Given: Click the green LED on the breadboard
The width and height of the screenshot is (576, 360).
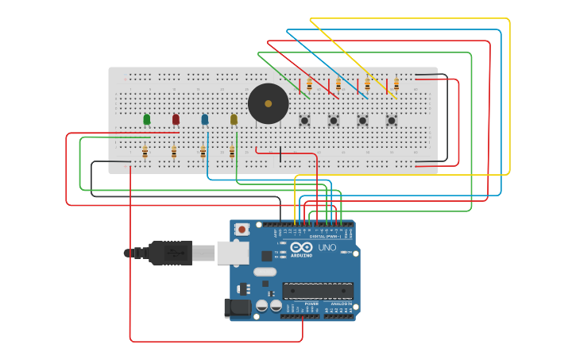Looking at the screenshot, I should point(147,119).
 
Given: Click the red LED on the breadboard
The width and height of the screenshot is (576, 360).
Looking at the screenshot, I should point(176,119).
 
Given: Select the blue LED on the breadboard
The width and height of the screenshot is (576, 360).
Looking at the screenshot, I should point(204,119).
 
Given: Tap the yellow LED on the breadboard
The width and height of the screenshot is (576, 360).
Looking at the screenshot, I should point(234,119).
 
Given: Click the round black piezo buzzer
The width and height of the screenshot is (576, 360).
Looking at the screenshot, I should point(268,103).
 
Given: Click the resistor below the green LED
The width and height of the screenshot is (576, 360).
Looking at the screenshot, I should point(145,150).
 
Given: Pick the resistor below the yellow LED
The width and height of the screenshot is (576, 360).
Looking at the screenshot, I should point(232,150).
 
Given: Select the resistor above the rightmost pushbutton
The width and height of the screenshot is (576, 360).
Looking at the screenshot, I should point(396,83).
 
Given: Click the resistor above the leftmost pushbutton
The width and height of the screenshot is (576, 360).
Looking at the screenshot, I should point(309,83).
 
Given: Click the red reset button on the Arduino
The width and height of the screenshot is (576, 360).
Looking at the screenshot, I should point(242,230).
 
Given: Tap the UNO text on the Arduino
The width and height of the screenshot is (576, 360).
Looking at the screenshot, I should point(327,248).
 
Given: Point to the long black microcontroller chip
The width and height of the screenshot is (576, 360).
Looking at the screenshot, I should point(318,290).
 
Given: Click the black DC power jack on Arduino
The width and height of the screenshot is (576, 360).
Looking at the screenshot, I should point(236,308).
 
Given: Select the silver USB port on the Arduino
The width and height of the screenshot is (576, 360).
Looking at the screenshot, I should point(232,253).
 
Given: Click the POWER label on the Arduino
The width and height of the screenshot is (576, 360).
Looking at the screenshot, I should point(311,303).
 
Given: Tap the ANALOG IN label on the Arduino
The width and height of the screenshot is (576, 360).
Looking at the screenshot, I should point(341,303).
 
